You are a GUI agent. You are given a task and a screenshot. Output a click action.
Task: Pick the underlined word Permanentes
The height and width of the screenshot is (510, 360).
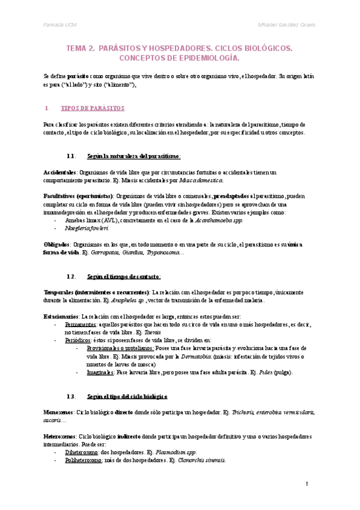81,324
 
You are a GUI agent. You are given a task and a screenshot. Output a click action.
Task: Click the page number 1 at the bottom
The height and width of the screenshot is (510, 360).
307,484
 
